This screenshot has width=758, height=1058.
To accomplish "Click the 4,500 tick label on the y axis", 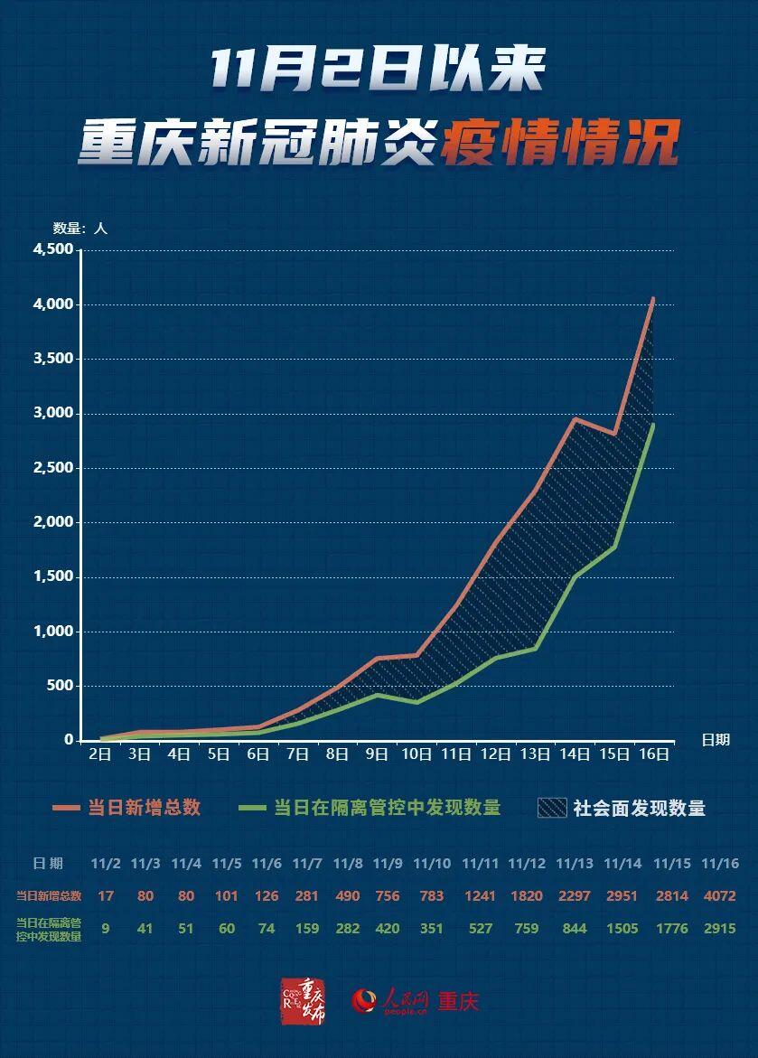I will pos(52,250).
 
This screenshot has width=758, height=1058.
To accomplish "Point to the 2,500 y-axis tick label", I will pos(52,468).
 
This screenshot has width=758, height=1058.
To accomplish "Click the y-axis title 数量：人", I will pos(80,229).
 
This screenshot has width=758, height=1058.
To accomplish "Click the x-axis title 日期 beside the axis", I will pos(716,740).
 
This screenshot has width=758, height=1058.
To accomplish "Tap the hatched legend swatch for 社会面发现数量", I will pos(551,808).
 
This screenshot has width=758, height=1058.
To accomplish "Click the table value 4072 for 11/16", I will pos(719,896).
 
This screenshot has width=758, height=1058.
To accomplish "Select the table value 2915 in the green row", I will pos(719,928).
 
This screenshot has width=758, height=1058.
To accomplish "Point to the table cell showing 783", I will pos(431,896).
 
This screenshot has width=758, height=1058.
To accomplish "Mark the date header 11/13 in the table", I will pos(575,864).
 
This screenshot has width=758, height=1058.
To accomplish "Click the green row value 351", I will pos(431,928).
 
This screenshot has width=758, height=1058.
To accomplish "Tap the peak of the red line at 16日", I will pos(653,297).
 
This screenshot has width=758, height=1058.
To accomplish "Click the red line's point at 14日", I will pos(575,418).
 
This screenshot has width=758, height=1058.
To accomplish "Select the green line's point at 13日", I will pos(535,648).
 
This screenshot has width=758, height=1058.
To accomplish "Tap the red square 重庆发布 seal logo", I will pos(303,1000).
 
